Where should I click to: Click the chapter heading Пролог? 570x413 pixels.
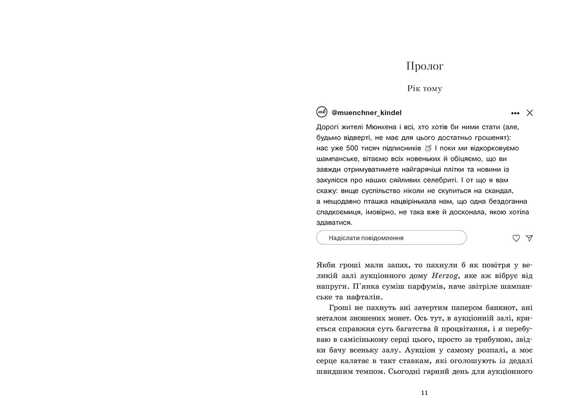[425, 66]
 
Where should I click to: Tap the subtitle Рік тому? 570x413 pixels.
[425, 88]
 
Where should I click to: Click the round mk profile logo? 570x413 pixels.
[322, 112]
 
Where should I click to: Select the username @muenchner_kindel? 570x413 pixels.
[366, 113]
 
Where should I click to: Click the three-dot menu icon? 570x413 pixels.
[515, 113]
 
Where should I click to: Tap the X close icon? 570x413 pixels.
[530, 113]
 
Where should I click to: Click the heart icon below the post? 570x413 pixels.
[516, 238]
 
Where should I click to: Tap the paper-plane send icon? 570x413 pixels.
[529, 238]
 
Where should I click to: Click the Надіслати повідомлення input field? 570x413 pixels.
[391, 238]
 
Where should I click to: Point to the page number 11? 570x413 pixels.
[424, 393]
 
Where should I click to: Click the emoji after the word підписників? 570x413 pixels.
[428, 148]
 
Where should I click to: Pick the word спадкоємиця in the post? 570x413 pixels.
[339, 212]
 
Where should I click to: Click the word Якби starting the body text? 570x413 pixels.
[327, 265]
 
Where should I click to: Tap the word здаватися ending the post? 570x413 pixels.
[334, 223]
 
